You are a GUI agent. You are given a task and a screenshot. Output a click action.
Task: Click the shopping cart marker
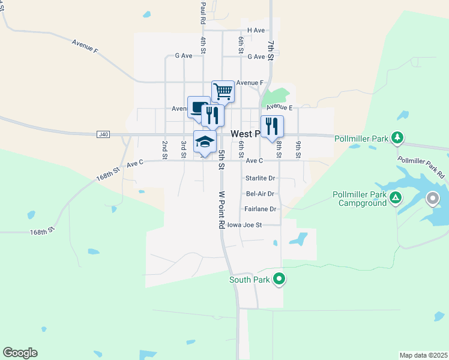point(223,92)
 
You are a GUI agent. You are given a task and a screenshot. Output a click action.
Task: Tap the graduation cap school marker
point(205,142)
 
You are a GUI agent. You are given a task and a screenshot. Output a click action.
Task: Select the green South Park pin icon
point(279,279)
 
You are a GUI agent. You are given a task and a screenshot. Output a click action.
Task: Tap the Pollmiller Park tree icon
point(397,137)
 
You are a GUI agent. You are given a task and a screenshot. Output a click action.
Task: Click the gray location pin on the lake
point(432,198)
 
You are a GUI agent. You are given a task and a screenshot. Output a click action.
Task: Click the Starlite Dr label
point(260,178)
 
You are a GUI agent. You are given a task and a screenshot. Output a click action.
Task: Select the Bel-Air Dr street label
point(260,194)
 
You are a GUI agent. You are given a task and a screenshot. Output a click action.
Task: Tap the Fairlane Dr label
point(260,209)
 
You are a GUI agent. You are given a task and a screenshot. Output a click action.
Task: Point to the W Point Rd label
point(221,209)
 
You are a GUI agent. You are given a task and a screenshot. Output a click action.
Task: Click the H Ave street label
point(256,30)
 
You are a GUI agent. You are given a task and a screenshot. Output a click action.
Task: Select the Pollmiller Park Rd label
point(421,167)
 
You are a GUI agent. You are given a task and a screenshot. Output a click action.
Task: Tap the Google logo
point(20,353)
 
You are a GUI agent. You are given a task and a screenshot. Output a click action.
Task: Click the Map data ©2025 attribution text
point(424,355)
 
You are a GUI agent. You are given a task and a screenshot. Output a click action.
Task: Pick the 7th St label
point(271,50)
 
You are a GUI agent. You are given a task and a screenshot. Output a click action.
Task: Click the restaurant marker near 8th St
point(272,127)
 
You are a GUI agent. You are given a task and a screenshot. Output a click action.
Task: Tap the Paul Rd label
point(203,12)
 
